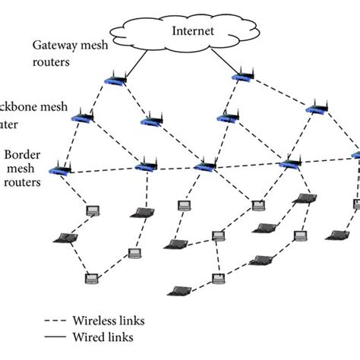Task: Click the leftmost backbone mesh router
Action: pos(82,117)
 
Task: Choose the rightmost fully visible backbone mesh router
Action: pos(314,110)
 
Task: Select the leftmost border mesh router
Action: pos(58,171)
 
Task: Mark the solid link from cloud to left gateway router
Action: pos(135,62)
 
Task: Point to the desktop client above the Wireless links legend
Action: pos(91,278)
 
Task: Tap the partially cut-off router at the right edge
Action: pos(356,155)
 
